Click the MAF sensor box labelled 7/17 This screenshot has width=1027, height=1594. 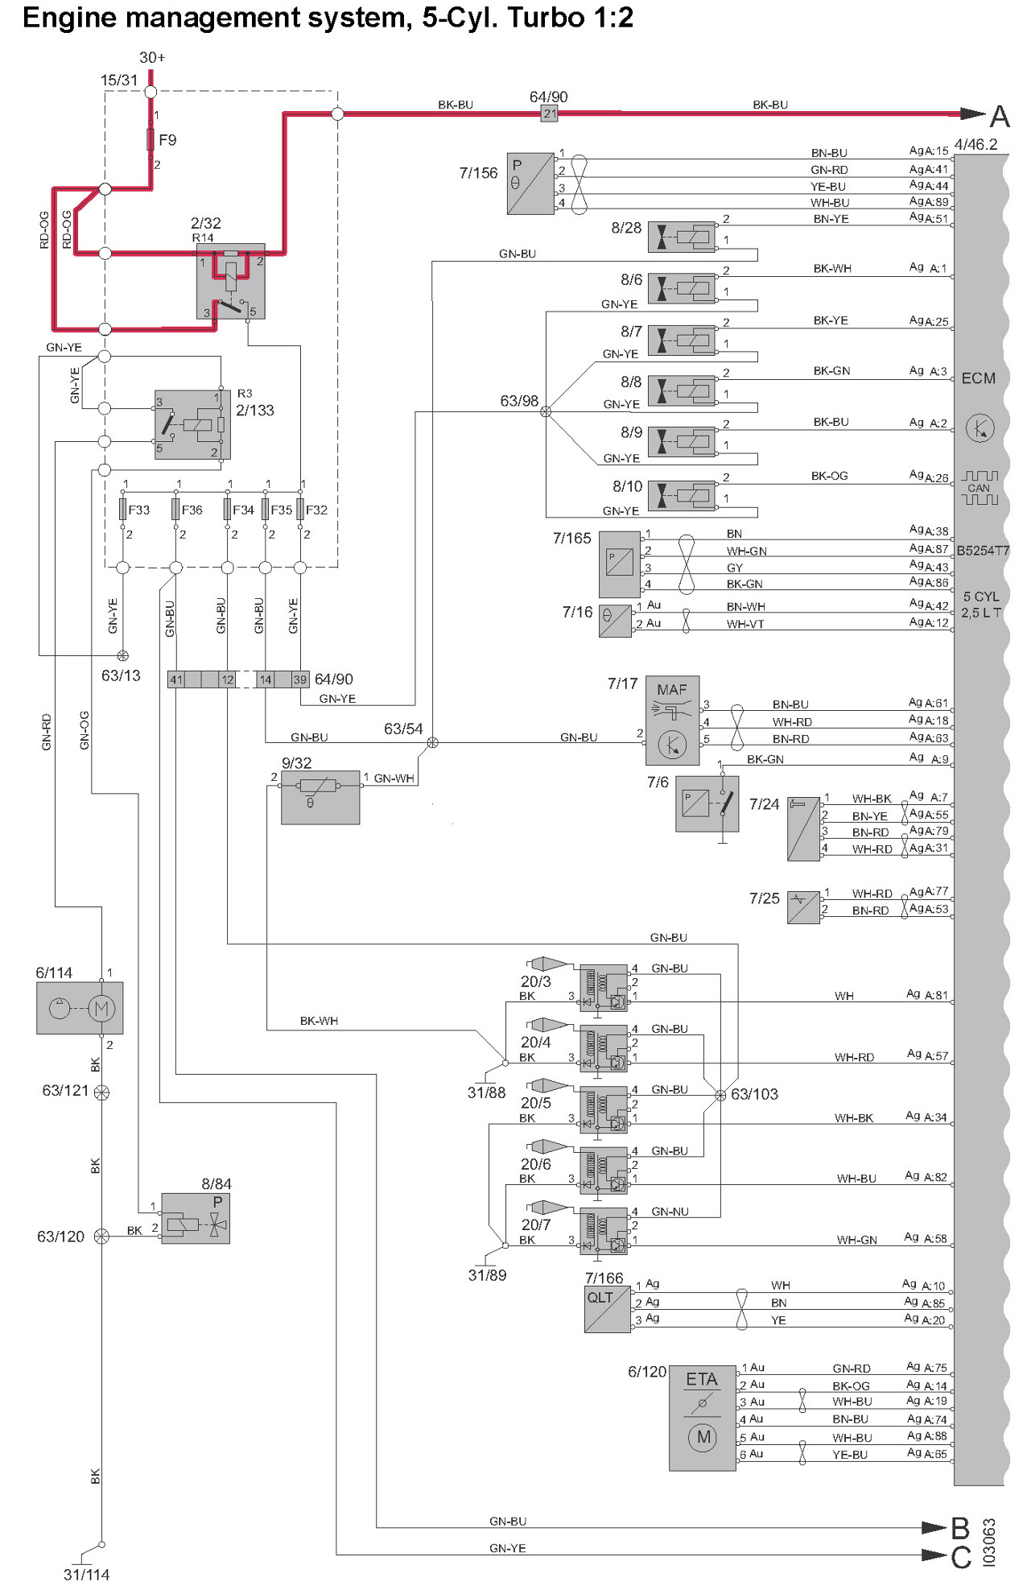(x=672, y=721)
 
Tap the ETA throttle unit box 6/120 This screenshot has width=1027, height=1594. (x=702, y=1418)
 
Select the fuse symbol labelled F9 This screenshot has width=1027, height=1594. (x=151, y=140)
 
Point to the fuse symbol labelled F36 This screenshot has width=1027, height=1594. (x=175, y=510)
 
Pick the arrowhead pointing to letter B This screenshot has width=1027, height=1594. (x=934, y=1527)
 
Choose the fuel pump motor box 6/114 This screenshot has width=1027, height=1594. (x=80, y=1008)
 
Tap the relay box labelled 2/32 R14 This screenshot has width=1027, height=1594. (x=231, y=282)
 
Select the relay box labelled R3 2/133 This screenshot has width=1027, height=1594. (x=192, y=424)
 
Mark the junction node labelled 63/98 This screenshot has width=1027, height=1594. (x=546, y=411)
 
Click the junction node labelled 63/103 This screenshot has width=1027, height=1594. (x=720, y=1095)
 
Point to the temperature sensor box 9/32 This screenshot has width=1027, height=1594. (x=320, y=797)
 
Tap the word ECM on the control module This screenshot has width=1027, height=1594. (x=978, y=378)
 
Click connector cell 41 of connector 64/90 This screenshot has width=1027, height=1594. (x=176, y=679)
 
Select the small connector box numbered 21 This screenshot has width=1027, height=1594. (x=550, y=114)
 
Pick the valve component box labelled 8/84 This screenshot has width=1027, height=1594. (x=196, y=1218)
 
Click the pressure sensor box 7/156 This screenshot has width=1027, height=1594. (x=530, y=184)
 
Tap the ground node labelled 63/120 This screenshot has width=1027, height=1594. (x=101, y=1237)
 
